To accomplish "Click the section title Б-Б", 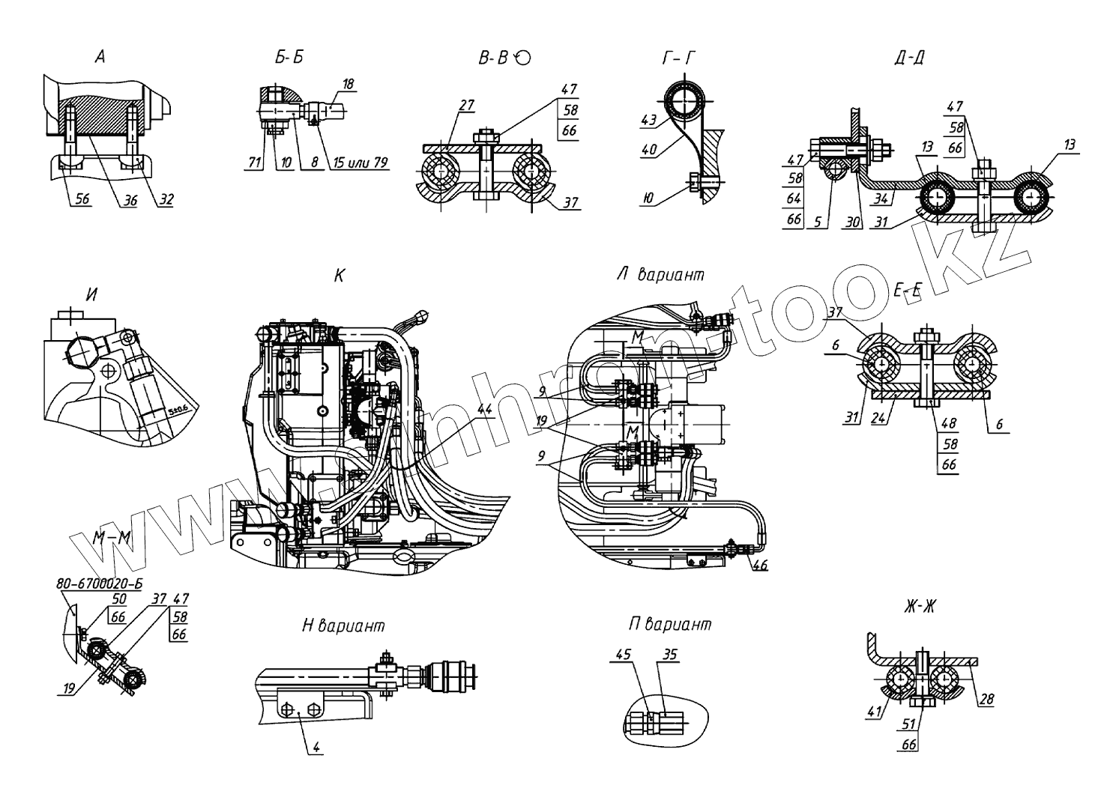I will tap(289, 58).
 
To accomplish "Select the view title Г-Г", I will tap(678, 58).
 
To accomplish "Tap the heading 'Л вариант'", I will tap(660, 275).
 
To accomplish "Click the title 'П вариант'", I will tap(670, 624).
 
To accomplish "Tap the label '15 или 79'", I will tap(358, 163).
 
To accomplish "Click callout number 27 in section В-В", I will tap(465, 105).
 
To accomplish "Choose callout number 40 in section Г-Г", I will tap(648, 150).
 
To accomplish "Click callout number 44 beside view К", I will tap(484, 409).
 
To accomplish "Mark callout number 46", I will tap(759, 566).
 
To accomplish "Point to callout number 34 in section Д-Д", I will tap(879, 198).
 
